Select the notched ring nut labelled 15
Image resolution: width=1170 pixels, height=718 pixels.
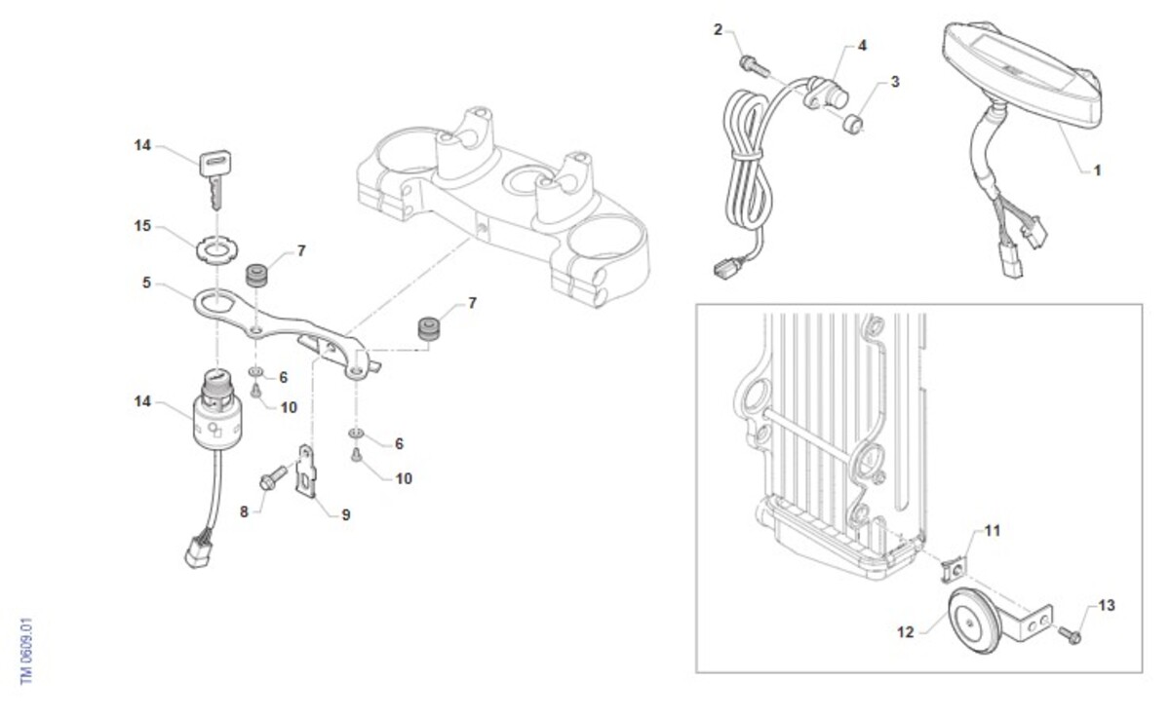[216, 250]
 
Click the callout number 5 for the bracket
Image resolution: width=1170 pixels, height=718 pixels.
[147, 283]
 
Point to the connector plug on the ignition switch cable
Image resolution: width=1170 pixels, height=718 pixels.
[199, 552]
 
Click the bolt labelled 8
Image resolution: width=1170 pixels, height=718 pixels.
[273, 477]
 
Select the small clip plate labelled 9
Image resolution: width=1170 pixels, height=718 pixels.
[307, 472]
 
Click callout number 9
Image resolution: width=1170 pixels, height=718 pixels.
[346, 515]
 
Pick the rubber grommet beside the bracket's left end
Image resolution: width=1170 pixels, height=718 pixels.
[256, 276]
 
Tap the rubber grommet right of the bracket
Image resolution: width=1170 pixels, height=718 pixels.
[429, 328]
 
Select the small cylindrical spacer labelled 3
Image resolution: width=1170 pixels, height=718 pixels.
[852, 124]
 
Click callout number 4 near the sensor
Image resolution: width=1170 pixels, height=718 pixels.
[862, 46]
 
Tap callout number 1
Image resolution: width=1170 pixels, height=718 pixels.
[1098, 170]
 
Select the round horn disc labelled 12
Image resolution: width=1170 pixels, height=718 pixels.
[975, 621]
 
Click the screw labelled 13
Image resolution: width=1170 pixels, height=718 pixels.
[1070, 635]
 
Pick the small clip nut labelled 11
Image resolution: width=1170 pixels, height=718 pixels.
[954, 570]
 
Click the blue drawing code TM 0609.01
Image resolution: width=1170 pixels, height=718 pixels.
[26, 651]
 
